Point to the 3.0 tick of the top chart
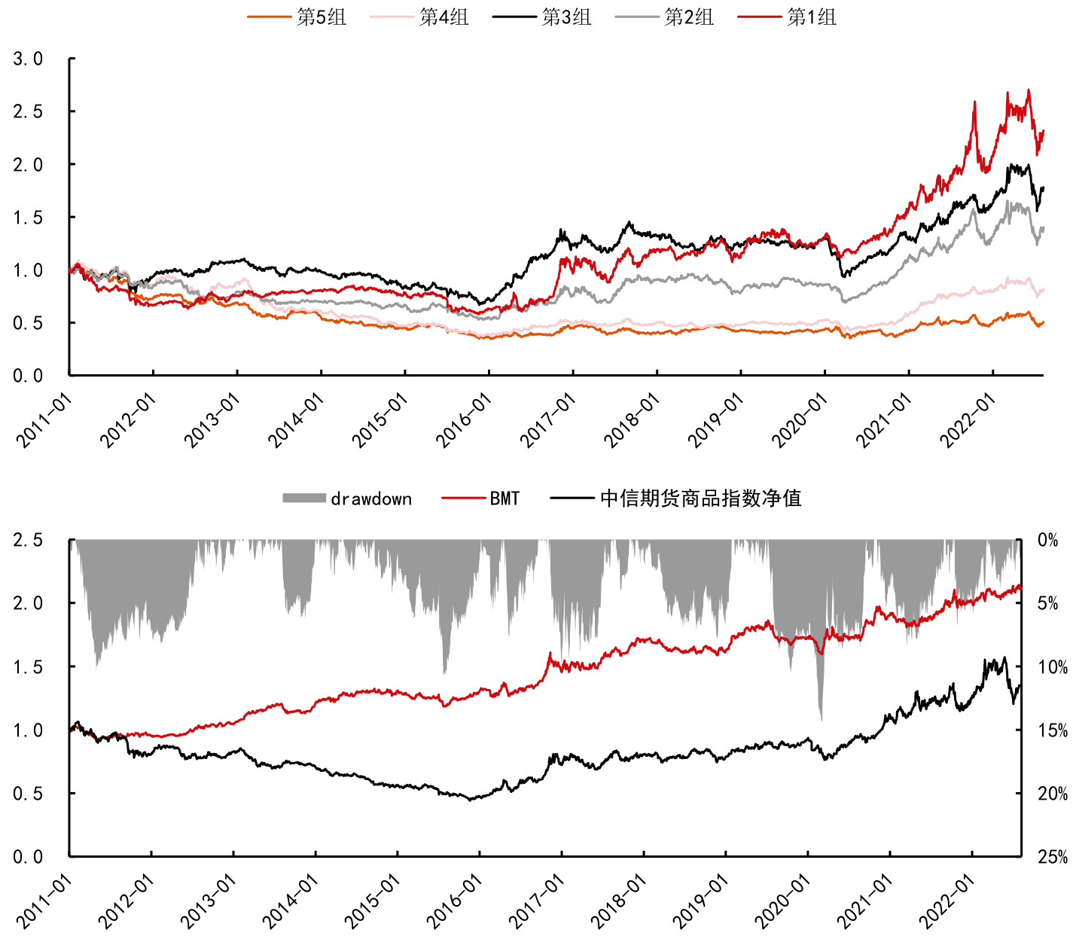28,59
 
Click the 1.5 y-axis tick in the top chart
28,217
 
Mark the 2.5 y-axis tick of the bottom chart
28,540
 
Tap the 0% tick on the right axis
1047,540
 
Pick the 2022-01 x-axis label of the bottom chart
947,901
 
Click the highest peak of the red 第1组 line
1029,90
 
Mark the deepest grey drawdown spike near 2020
821,719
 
